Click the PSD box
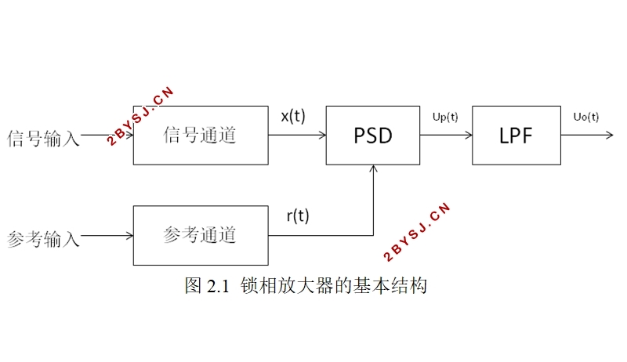coord(372,135)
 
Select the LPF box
coord(516,135)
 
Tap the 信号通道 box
coord(200,135)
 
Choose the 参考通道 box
coord(200,235)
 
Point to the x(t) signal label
coord(293,116)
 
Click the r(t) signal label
coord(297,216)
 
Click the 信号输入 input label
coord(43,139)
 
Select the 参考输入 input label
coord(43,238)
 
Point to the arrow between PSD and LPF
coord(445,135)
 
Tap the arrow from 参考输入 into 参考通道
coord(108,235)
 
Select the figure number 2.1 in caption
coord(216,285)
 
